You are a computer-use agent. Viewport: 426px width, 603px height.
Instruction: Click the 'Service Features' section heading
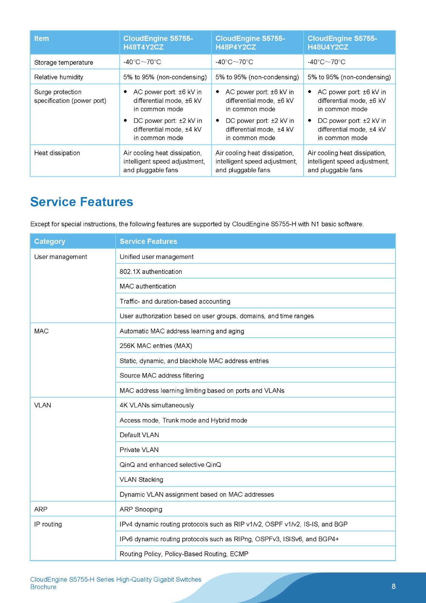click(x=81, y=202)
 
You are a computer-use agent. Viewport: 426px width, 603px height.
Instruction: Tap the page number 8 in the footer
click(x=394, y=586)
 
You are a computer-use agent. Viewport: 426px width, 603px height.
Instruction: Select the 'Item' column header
click(x=41, y=38)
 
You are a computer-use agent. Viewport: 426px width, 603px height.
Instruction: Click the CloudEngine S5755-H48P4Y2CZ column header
click(x=250, y=43)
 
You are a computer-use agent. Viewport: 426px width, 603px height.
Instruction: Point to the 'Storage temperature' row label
click(x=63, y=62)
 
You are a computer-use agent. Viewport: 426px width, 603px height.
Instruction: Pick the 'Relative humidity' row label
click(x=58, y=77)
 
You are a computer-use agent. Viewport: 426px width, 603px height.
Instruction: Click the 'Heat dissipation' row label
click(x=57, y=153)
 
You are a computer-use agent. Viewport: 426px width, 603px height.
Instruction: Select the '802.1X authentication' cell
click(x=151, y=271)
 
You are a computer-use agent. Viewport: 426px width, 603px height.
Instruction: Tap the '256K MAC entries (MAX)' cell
click(x=156, y=346)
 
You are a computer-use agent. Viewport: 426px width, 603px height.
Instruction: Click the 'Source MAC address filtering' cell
click(x=162, y=375)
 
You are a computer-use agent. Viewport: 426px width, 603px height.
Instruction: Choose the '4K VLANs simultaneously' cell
click(x=157, y=405)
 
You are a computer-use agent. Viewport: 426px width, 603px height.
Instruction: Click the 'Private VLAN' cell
click(x=139, y=450)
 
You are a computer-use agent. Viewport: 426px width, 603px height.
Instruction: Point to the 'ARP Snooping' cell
click(x=141, y=509)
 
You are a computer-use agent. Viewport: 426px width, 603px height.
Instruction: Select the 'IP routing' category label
click(x=48, y=524)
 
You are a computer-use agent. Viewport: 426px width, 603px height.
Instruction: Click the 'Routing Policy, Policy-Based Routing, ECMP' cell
click(x=184, y=554)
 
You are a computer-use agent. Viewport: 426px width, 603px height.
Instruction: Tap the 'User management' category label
click(x=60, y=257)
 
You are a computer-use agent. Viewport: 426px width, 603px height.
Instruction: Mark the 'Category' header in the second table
click(x=49, y=241)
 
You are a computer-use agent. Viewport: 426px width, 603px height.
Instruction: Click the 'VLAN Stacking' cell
click(x=141, y=479)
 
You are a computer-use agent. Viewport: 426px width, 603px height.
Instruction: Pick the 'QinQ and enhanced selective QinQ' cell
click(x=170, y=465)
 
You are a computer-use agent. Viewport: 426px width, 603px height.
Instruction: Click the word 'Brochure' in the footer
click(x=43, y=587)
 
